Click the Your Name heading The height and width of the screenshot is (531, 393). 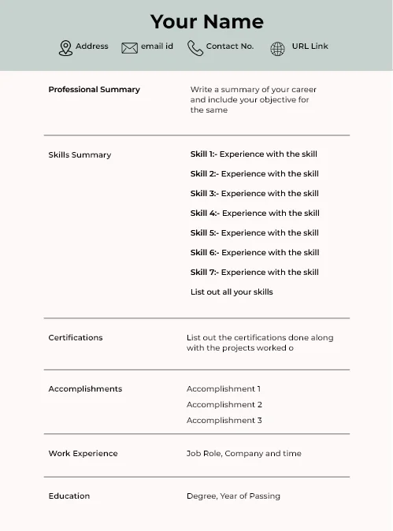(x=206, y=21)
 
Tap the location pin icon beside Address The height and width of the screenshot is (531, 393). (x=65, y=48)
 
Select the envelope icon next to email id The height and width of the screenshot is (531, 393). (x=129, y=48)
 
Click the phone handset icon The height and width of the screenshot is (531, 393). (x=195, y=48)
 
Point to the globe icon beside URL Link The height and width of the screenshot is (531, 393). (x=277, y=49)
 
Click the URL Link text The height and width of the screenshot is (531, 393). (x=310, y=46)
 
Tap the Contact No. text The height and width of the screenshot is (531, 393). (x=230, y=46)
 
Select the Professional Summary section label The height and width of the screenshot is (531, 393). (x=94, y=90)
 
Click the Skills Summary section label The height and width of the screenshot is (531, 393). (x=80, y=155)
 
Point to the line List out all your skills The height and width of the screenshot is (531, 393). (x=232, y=292)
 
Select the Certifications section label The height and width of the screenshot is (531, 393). (x=76, y=338)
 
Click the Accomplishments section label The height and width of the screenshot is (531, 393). (x=85, y=389)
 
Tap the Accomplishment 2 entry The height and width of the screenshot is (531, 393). (x=224, y=405)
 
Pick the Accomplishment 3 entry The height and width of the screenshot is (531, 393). (x=224, y=421)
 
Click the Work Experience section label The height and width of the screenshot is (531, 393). (x=83, y=454)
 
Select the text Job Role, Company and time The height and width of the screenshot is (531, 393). (x=243, y=454)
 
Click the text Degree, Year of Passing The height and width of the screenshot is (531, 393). (x=233, y=496)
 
